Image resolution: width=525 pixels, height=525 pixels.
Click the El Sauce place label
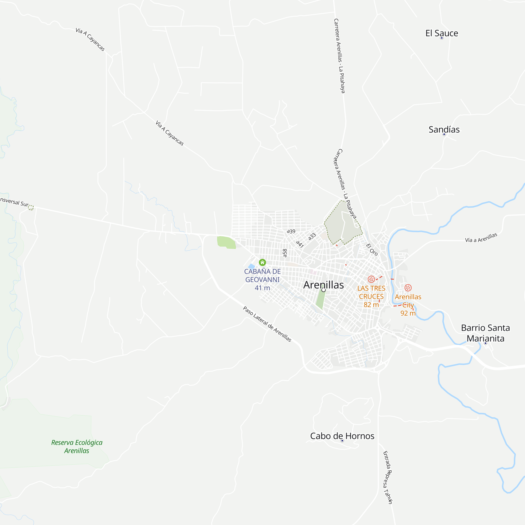click(x=442, y=33)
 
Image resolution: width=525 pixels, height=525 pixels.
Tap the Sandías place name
click(x=444, y=130)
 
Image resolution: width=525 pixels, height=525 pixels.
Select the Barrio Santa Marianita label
click(x=485, y=333)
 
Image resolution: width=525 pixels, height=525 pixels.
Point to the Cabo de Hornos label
click(x=342, y=436)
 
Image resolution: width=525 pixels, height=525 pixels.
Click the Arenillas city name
click(x=323, y=285)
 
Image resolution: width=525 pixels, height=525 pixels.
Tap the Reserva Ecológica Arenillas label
click(x=77, y=447)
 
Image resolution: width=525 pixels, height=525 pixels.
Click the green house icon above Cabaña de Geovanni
click(x=262, y=262)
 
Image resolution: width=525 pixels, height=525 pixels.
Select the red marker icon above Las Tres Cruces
click(x=371, y=279)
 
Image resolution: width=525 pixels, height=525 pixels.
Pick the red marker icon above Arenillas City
click(x=408, y=288)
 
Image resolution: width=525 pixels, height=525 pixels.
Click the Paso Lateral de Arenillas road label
click(x=267, y=324)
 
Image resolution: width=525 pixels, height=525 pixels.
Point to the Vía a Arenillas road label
click(x=481, y=238)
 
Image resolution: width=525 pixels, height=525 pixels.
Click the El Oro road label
click(x=372, y=249)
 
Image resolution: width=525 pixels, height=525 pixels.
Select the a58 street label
click(x=285, y=253)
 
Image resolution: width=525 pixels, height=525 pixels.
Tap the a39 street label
click(x=291, y=231)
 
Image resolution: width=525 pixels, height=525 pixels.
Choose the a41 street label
click(x=300, y=244)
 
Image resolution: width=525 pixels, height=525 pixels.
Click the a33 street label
click(x=312, y=237)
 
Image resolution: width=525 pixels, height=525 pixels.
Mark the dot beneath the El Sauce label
click(x=442, y=38)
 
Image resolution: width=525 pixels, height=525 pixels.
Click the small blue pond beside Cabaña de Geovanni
click(x=252, y=266)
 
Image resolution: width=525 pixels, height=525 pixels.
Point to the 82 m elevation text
click(x=371, y=304)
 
